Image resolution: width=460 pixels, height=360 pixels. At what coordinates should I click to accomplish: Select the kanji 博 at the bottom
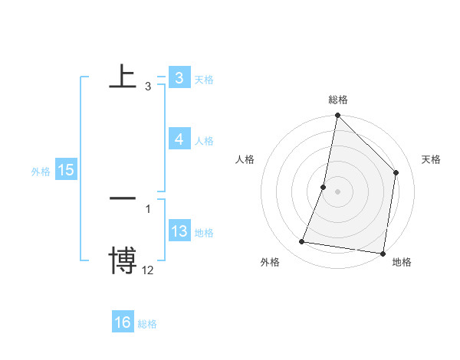click(123, 260)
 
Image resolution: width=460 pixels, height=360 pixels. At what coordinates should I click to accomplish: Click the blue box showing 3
click(179, 78)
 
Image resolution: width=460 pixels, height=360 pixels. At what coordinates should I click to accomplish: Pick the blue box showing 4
click(179, 139)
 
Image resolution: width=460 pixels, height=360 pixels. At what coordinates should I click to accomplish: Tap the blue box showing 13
click(179, 231)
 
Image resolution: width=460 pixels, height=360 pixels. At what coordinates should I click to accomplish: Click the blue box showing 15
click(66, 170)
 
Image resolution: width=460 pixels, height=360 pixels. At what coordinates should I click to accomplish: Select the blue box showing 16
click(123, 322)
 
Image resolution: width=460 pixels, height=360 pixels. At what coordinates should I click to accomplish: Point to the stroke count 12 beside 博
click(147, 270)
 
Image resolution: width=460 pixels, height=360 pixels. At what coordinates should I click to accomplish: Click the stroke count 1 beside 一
click(147, 208)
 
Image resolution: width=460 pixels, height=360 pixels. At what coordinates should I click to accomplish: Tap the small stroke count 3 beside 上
click(147, 87)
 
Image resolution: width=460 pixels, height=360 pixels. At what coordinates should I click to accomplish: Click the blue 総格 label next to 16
click(148, 324)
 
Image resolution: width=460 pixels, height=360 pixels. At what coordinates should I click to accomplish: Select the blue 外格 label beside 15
click(41, 172)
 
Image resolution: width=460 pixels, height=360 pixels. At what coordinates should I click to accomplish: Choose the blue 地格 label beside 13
click(204, 233)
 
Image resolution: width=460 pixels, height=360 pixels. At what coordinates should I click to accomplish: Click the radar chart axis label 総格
click(338, 100)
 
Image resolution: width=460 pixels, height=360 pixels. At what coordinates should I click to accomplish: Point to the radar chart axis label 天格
click(431, 159)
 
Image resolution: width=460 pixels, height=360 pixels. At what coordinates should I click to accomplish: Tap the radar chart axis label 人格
click(245, 159)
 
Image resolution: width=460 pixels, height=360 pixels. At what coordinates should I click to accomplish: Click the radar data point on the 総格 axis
click(337, 116)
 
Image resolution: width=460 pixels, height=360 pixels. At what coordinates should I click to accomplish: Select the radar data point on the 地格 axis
click(382, 253)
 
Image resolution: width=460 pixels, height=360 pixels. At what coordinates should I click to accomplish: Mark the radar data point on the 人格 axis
click(324, 187)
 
